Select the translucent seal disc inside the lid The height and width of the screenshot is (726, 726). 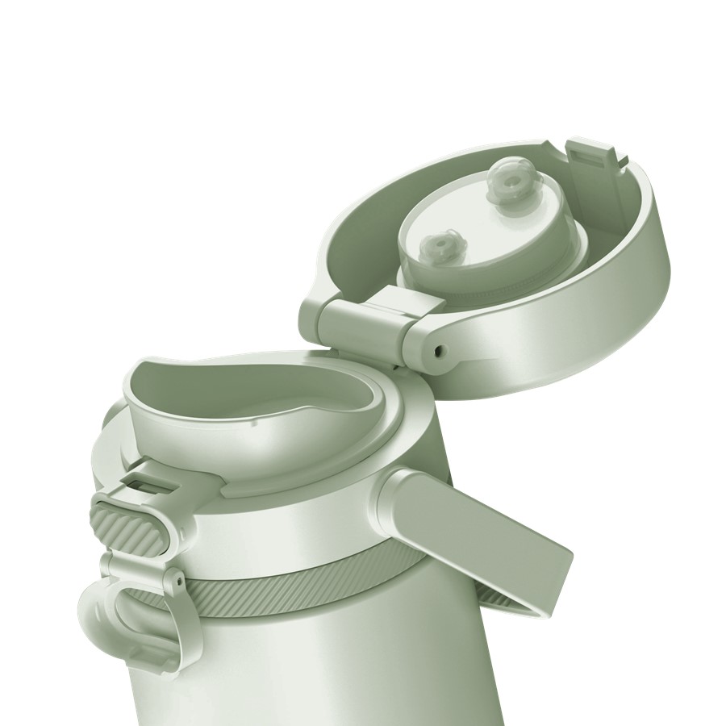[x=476, y=234]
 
